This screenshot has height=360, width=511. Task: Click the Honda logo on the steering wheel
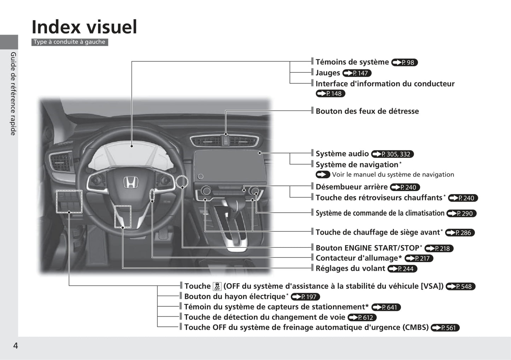(x=130, y=182)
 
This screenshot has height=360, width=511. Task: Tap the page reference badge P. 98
(x=405, y=63)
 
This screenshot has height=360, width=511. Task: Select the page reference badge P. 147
(x=357, y=73)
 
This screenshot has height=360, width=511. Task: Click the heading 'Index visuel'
(x=84, y=27)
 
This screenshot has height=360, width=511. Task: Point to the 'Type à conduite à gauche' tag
(x=70, y=42)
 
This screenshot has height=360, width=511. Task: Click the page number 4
(x=15, y=346)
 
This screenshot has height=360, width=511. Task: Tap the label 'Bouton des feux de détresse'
(x=367, y=111)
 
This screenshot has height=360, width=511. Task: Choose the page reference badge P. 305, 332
(x=392, y=154)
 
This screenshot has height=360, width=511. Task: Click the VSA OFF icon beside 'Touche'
(x=217, y=287)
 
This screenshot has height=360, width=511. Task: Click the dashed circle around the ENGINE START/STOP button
(x=182, y=182)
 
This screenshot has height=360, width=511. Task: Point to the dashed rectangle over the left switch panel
(x=69, y=201)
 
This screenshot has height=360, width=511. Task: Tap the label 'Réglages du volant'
(x=350, y=268)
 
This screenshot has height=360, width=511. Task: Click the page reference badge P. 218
(x=439, y=248)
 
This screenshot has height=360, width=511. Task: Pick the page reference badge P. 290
(x=461, y=213)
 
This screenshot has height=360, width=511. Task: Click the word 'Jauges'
(x=328, y=73)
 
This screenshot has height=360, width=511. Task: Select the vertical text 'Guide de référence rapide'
(x=13, y=94)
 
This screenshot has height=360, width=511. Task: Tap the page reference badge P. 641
(x=386, y=307)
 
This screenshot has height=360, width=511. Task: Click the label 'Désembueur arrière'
(x=352, y=187)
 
